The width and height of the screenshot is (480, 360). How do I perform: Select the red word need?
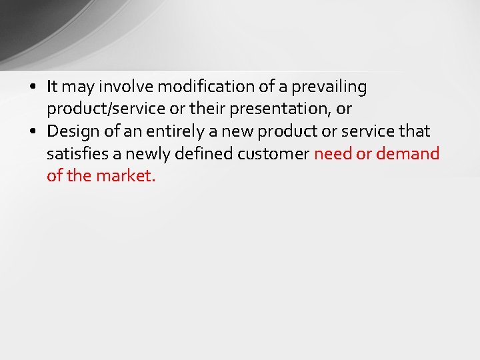(x=332, y=154)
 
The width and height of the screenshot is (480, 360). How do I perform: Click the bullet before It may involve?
(x=33, y=87)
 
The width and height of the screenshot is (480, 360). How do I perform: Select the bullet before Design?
(x=33, y=132)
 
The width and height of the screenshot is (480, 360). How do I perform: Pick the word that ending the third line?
(x=415, y=131)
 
